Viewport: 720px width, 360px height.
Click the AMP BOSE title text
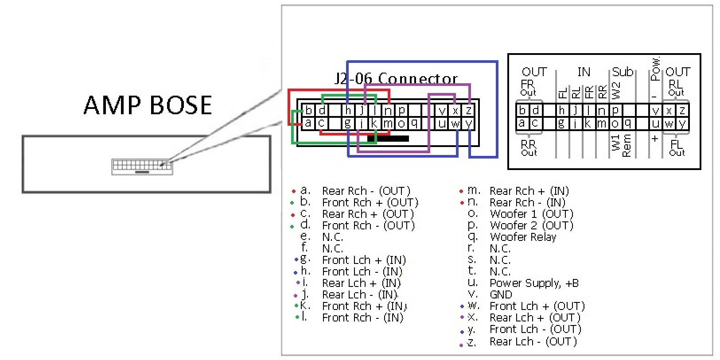(148, 105)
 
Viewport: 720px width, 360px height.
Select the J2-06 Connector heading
(396, 79)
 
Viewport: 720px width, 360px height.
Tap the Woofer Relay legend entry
(523, 237)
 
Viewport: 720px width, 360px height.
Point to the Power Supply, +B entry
(534, 283)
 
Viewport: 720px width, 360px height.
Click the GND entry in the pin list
(501, 295)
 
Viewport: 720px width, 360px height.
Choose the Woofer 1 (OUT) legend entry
(531, 214)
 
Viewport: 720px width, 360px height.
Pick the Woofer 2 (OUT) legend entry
(531, 226)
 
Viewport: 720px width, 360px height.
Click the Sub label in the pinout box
(623, 72)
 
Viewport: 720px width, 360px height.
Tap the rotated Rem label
(627, 146)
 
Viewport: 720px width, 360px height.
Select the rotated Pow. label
(655, 69)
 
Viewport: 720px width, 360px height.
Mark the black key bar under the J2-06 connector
(388, 139)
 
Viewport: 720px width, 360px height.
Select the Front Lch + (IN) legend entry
(364, 260)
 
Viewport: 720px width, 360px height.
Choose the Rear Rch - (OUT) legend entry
(366, 191)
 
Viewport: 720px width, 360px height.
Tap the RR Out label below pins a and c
(529, 148)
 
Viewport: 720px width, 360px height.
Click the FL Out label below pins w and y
(677, 148)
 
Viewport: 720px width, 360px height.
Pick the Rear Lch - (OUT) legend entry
(533, 342)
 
